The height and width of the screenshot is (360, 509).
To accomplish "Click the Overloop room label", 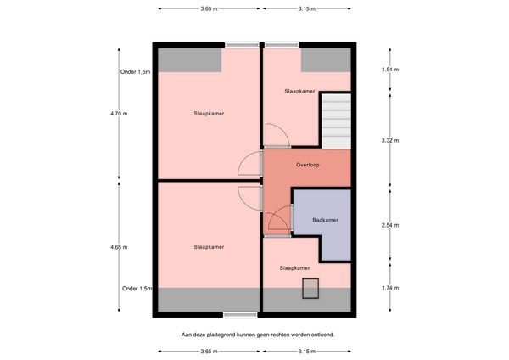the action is click(307, 165).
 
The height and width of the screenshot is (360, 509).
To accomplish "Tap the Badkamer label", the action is click(325, 220).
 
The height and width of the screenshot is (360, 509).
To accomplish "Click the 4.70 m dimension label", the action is click(119, 114).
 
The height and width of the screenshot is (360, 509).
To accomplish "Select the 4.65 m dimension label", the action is click(119, 247).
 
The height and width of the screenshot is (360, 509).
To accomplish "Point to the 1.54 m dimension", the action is click(390, 70).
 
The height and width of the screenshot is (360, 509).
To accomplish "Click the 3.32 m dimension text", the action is click(390, 140).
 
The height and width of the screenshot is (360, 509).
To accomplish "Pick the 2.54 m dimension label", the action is click(390, 225).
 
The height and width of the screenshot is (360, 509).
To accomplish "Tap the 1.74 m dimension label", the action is click(390, 288).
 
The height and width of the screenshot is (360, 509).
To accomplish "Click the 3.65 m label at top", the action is click(209, 8).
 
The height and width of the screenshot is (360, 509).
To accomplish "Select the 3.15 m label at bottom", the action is click(307, 352).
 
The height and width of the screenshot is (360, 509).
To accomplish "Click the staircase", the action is click(336, 121).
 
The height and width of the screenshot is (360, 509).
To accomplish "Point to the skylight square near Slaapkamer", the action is click(310, 288).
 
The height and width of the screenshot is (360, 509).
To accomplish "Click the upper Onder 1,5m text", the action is click(136, 72).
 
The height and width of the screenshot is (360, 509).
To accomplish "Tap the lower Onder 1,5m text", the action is click(137, 289).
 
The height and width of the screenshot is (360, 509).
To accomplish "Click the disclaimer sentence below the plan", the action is click(258, 335).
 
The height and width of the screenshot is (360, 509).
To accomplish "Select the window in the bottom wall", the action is click(240, 314).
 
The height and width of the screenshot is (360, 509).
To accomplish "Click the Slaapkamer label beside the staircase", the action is click(299, 92).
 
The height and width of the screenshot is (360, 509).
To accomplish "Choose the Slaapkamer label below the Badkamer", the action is click(294, 268).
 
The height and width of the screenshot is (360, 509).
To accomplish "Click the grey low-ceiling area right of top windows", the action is click(326, 59).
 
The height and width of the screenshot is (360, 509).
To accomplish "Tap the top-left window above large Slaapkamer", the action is click(242, 45).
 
